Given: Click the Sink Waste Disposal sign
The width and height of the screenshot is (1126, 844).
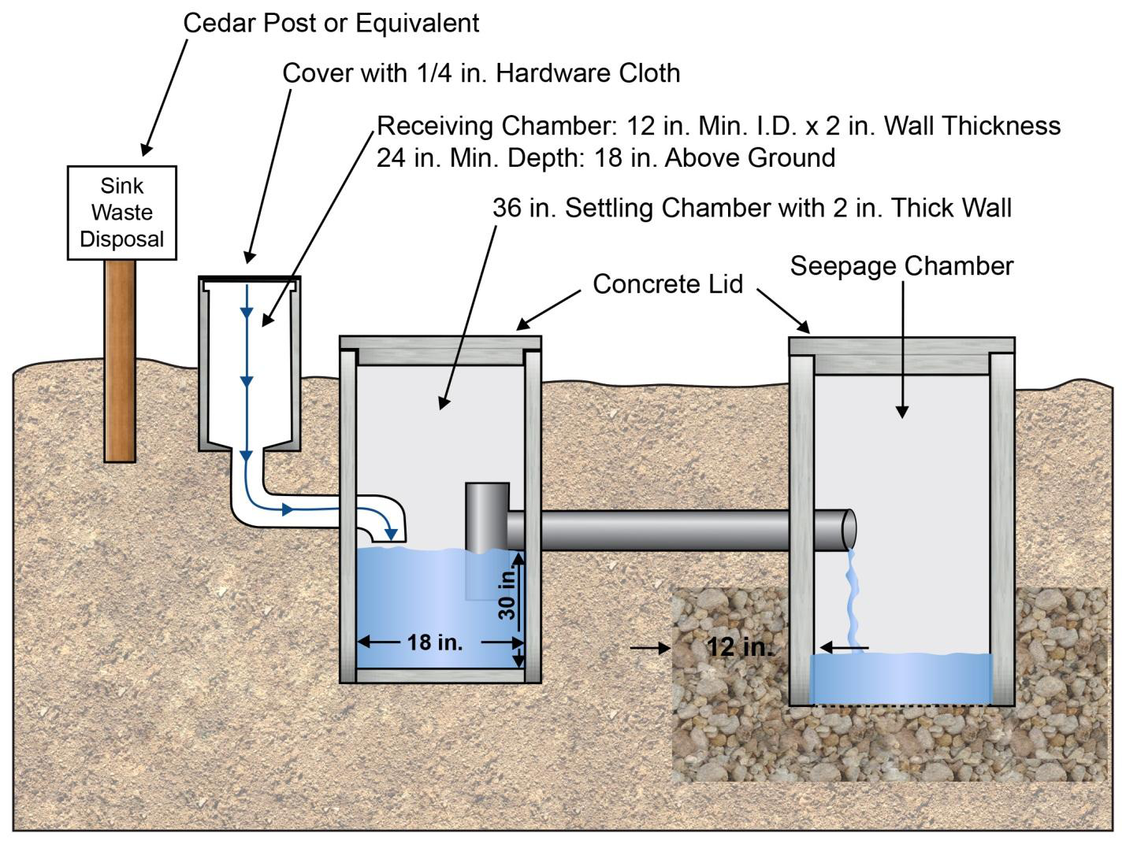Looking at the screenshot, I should click(122, 213).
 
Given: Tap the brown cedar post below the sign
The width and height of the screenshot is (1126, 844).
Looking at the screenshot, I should click(120, 360).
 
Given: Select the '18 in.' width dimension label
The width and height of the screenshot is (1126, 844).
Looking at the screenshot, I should click(434, 642).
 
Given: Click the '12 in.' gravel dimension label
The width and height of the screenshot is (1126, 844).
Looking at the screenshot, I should click(739, 647).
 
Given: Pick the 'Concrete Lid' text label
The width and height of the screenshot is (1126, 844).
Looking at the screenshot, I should click(667, 284).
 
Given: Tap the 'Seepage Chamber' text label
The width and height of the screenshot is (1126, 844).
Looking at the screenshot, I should click(901, 266).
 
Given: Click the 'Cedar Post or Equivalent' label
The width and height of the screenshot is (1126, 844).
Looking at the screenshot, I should click(331, 23).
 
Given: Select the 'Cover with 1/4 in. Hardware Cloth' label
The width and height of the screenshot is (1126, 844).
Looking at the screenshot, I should click(481, 73).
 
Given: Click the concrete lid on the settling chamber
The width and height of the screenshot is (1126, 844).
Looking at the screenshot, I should click(440, 342).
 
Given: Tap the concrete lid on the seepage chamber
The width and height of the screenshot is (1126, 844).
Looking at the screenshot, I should click(901, 345).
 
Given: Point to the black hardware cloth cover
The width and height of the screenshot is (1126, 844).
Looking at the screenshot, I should click(249, 278).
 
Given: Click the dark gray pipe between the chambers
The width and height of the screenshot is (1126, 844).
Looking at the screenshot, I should click(662, 529).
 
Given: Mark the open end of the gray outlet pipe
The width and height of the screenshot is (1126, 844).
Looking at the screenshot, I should click(849, 528).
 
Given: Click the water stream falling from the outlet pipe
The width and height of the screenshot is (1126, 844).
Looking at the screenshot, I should click(852, 598).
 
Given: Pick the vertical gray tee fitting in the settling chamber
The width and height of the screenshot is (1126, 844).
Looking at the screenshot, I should click(486, 516).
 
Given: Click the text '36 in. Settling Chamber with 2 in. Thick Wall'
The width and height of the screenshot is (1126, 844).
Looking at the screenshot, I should click(752, 208).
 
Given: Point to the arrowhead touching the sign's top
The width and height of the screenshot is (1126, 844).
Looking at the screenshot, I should click(146, 150).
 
